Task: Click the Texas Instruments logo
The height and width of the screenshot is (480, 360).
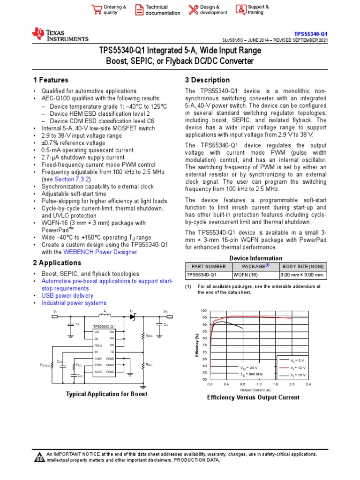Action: click(60, 35)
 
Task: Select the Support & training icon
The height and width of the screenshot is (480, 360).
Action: click(240, 9)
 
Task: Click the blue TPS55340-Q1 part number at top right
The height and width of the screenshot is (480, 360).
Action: click(311, 34)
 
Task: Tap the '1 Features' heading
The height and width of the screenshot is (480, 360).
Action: click(51, 80)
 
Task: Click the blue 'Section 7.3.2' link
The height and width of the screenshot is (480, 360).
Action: click(72, 180)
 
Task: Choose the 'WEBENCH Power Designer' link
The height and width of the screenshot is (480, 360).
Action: click(100, 252)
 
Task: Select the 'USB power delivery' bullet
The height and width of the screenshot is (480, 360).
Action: click(67, 296)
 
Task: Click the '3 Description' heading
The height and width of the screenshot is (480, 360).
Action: click(207, 80)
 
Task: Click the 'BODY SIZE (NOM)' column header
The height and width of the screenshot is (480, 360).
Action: click(303, 266)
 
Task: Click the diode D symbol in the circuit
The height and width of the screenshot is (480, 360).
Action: click(133, 317)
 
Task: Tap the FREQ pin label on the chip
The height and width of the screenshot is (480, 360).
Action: click(98, 345)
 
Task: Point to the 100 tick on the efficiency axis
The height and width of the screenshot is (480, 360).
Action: click(203, 311)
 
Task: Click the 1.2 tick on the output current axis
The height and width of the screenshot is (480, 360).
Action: click(259, 384)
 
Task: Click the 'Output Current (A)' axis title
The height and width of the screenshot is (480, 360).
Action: click(255, 390)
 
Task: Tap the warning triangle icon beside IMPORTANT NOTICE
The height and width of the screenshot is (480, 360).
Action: click(39, 457)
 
